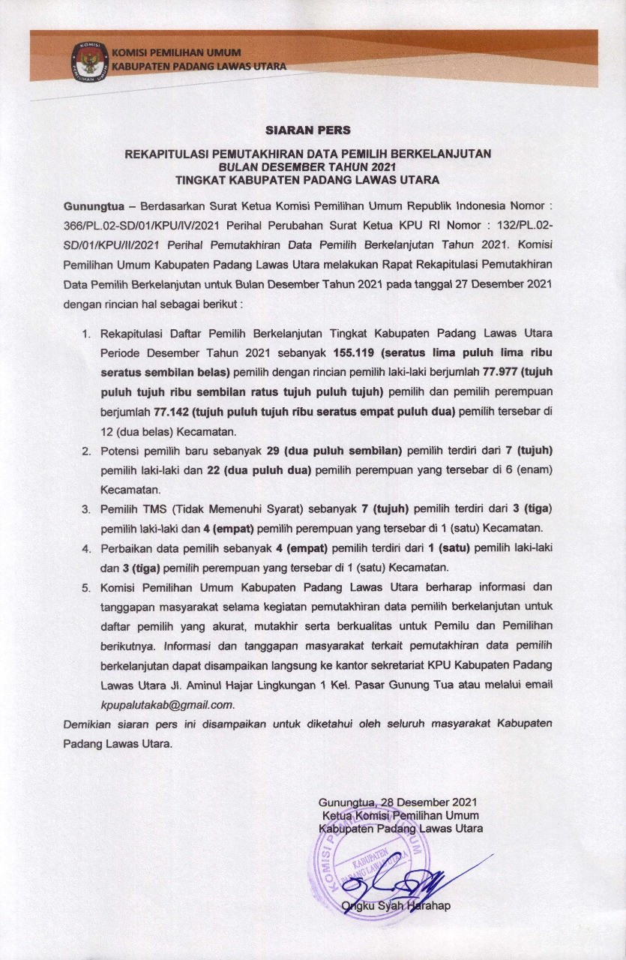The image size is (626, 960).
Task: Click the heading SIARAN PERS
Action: coord(307,130)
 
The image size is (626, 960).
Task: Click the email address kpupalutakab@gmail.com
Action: coord(167,705)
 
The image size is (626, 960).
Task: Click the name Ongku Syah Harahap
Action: coord(396,905)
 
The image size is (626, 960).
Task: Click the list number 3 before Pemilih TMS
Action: coord(86,508)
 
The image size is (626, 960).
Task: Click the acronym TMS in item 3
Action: coord(154,508)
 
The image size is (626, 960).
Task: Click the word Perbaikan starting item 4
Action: coord(126,547)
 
